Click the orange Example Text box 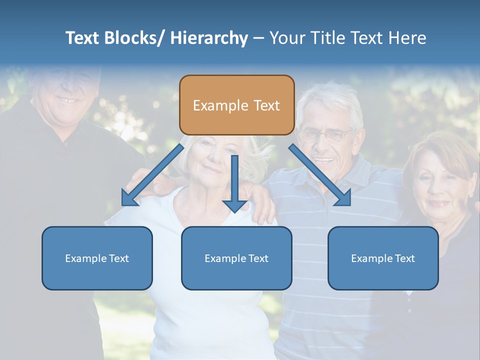236,105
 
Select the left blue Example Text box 97,258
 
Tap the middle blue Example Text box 236,258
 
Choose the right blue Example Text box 383,258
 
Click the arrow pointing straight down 234,185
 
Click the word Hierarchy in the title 209,38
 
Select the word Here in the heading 407,38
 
